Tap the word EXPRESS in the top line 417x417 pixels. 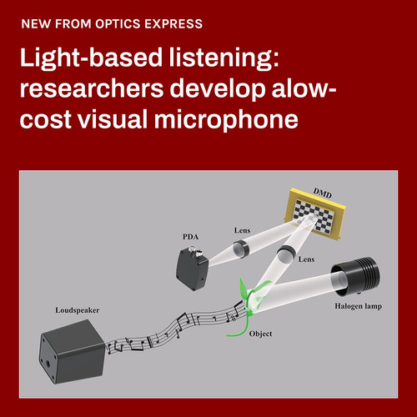[x=173, y=24]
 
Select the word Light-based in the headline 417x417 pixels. [x=91, y=58]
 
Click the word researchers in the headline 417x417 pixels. [x=92, y=88]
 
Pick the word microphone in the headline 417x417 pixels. [x=226, y=120]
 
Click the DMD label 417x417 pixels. [x=323, y=193]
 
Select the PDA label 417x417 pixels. [x=190, y=237]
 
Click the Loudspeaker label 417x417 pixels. [x=78, y=310]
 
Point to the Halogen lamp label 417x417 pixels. [x=358, y=306]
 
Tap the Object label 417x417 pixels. [x=260, y=334]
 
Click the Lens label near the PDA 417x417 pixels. [x=242, y=230]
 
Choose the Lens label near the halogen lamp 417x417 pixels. [x=306, y=259]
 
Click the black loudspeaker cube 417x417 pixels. [x=72, y=351]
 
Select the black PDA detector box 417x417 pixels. [x=192, y=268]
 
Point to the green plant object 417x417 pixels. [x=249, y=305]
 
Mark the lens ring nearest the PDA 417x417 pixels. [x=240, y=249]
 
